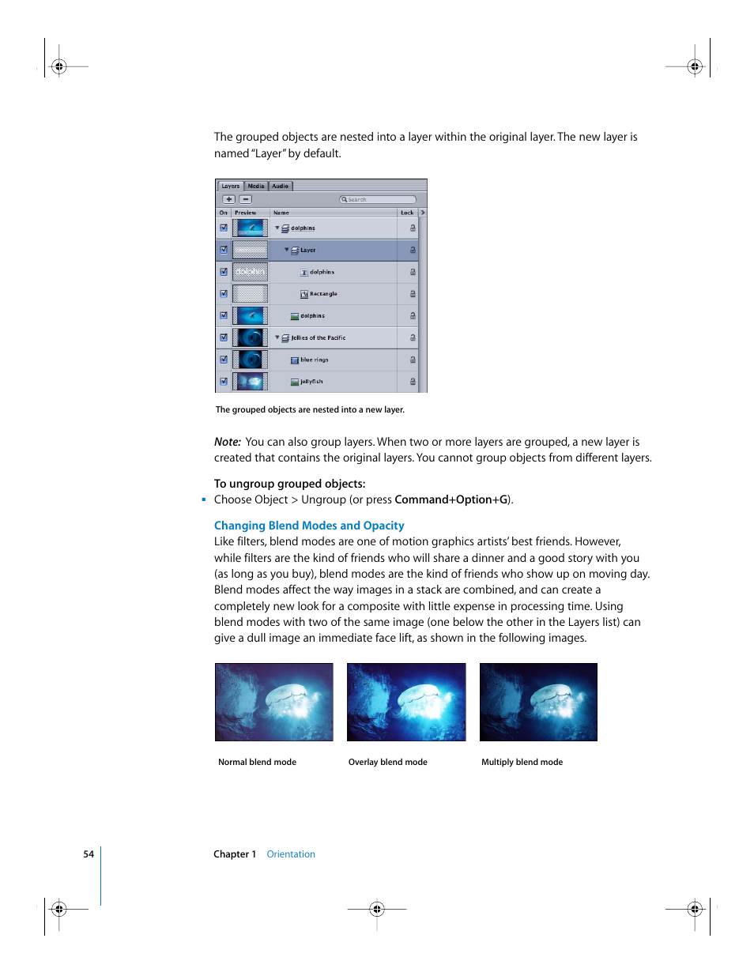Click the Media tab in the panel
coord(256,186)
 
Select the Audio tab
coord(281,186)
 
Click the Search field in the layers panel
coord(378,199)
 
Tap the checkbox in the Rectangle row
coord(224,293)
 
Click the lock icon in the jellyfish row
coord(413,382)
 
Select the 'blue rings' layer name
coord(315,360)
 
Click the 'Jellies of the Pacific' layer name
coord(319,337)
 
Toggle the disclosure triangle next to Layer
coord(287,249)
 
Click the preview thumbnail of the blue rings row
coord(250,360)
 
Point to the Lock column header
coord(407,213)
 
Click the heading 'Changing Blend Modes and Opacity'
coord(309,526)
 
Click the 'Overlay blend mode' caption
coord(387,762)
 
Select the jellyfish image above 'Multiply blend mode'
coord(538,702)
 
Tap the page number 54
coord(89,854)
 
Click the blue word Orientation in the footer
coord(291,854)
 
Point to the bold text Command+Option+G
coord(451,499)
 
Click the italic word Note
coord(228,442)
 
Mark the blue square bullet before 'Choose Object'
coord(204,499)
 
